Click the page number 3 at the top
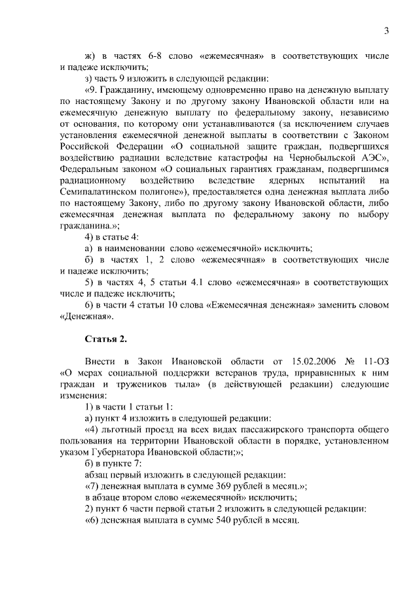click(x=386, y=31)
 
